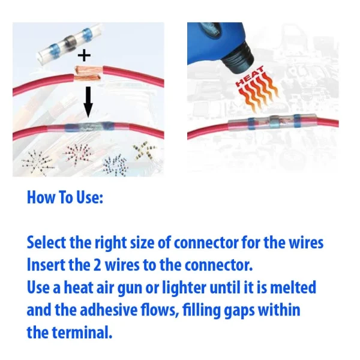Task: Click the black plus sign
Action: pyautogui.click(x=84, y=56)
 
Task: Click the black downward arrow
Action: pyautogui.click(x=88, y=103)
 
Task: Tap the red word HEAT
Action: pyautogui.click(x=250, y=77)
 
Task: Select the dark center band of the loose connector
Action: pyautogui.click(x=69, y=43)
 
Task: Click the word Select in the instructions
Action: pyautogui.click(x=46, y=242)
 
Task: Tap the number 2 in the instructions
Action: pyautogui.click(x=97, y=265)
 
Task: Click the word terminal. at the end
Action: pyautogui.click(x=82, y=332)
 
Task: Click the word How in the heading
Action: pyautogui.click(x=41, y=197)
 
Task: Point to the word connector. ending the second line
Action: pyautogui.click(x=218, y=265)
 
